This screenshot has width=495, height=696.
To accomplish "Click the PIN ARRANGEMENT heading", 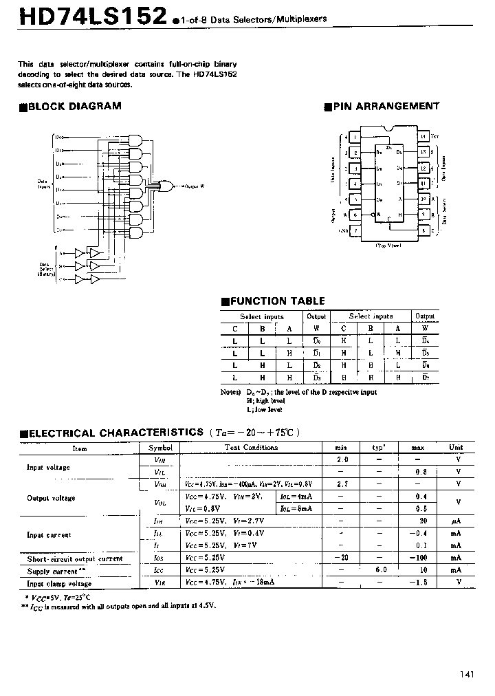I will (385, 107).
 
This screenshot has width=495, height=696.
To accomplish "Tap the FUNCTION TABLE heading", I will (276, 301).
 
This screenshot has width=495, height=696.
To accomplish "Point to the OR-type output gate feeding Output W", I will (164, 185).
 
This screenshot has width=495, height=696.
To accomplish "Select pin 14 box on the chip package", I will (423, 136).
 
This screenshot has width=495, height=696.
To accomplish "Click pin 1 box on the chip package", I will (355, 136).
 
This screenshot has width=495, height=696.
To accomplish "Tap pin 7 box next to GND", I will (355, 230).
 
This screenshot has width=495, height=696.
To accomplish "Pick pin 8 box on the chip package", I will (423, 230).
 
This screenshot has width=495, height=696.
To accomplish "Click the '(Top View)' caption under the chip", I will (389, 245).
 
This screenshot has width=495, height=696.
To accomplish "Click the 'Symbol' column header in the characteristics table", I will (159, 448).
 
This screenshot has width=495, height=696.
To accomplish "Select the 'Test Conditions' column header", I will (251, 448).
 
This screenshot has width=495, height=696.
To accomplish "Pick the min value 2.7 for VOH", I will (342, 484).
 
